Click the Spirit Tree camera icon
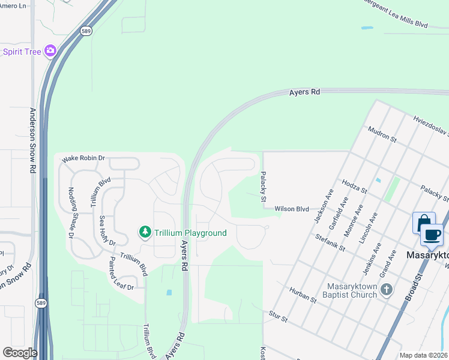(x=50, y=51)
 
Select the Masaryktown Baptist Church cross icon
(x=388, y=290)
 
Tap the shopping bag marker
(x=423, y=223)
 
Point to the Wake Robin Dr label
(x=83, y=158)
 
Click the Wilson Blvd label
(x=292, y=209)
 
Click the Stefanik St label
(x=330, y=242)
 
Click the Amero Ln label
(x=13, y=5)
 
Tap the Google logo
(x=20, y=353)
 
